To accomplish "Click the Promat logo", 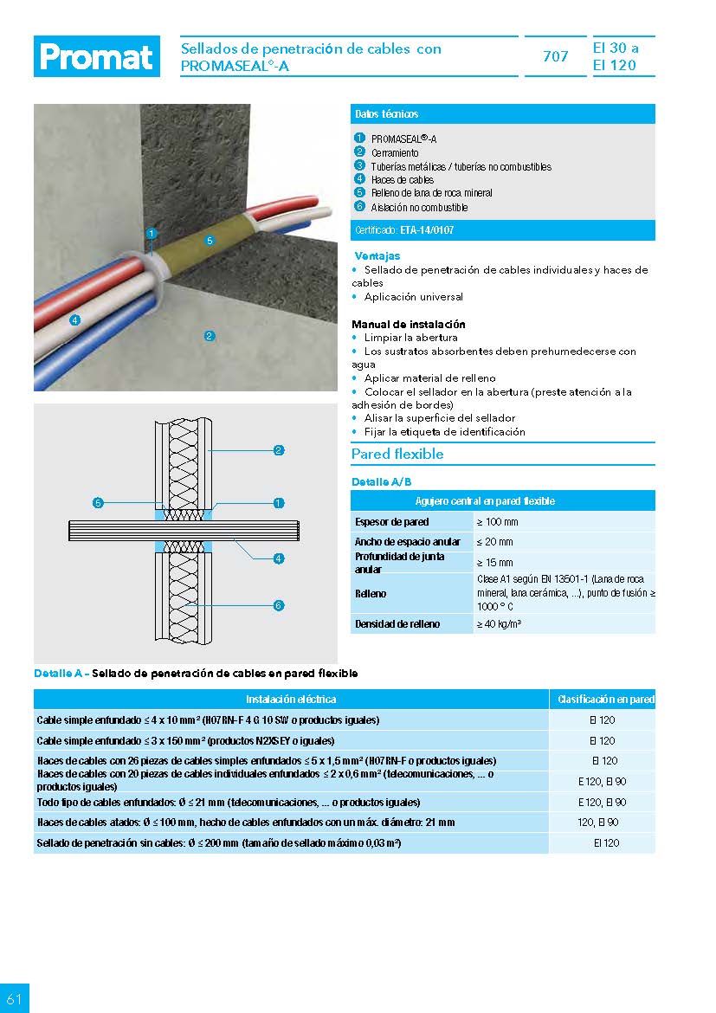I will click(x=96, y=57).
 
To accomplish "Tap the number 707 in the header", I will click(x=555, y=57).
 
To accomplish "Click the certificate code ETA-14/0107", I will click(x=427, y=230).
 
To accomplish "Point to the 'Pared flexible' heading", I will click(x=397, y=454).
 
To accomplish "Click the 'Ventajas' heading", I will click(x=377, y=256).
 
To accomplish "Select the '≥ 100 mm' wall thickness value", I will click(x=495, y=522).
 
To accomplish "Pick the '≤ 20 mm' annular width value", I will click(x=494, y=542).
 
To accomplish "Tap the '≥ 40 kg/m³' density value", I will click(x=499, y=623).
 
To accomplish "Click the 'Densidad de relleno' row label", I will click(x=397, y=623).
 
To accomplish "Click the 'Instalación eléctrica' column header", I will click(x=291, y=699).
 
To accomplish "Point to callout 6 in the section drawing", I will click(x=279, y=605).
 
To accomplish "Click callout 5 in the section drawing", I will click(x=99, y=502).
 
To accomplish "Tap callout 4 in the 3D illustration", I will click(x=75, y=320).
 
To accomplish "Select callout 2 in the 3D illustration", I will click(x=210, y=335).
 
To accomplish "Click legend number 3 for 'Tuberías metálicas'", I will click(x=359, y=165).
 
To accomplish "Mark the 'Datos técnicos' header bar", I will click(x=502, y=114).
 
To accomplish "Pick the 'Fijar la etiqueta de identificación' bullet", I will click(x=444, y=431).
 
